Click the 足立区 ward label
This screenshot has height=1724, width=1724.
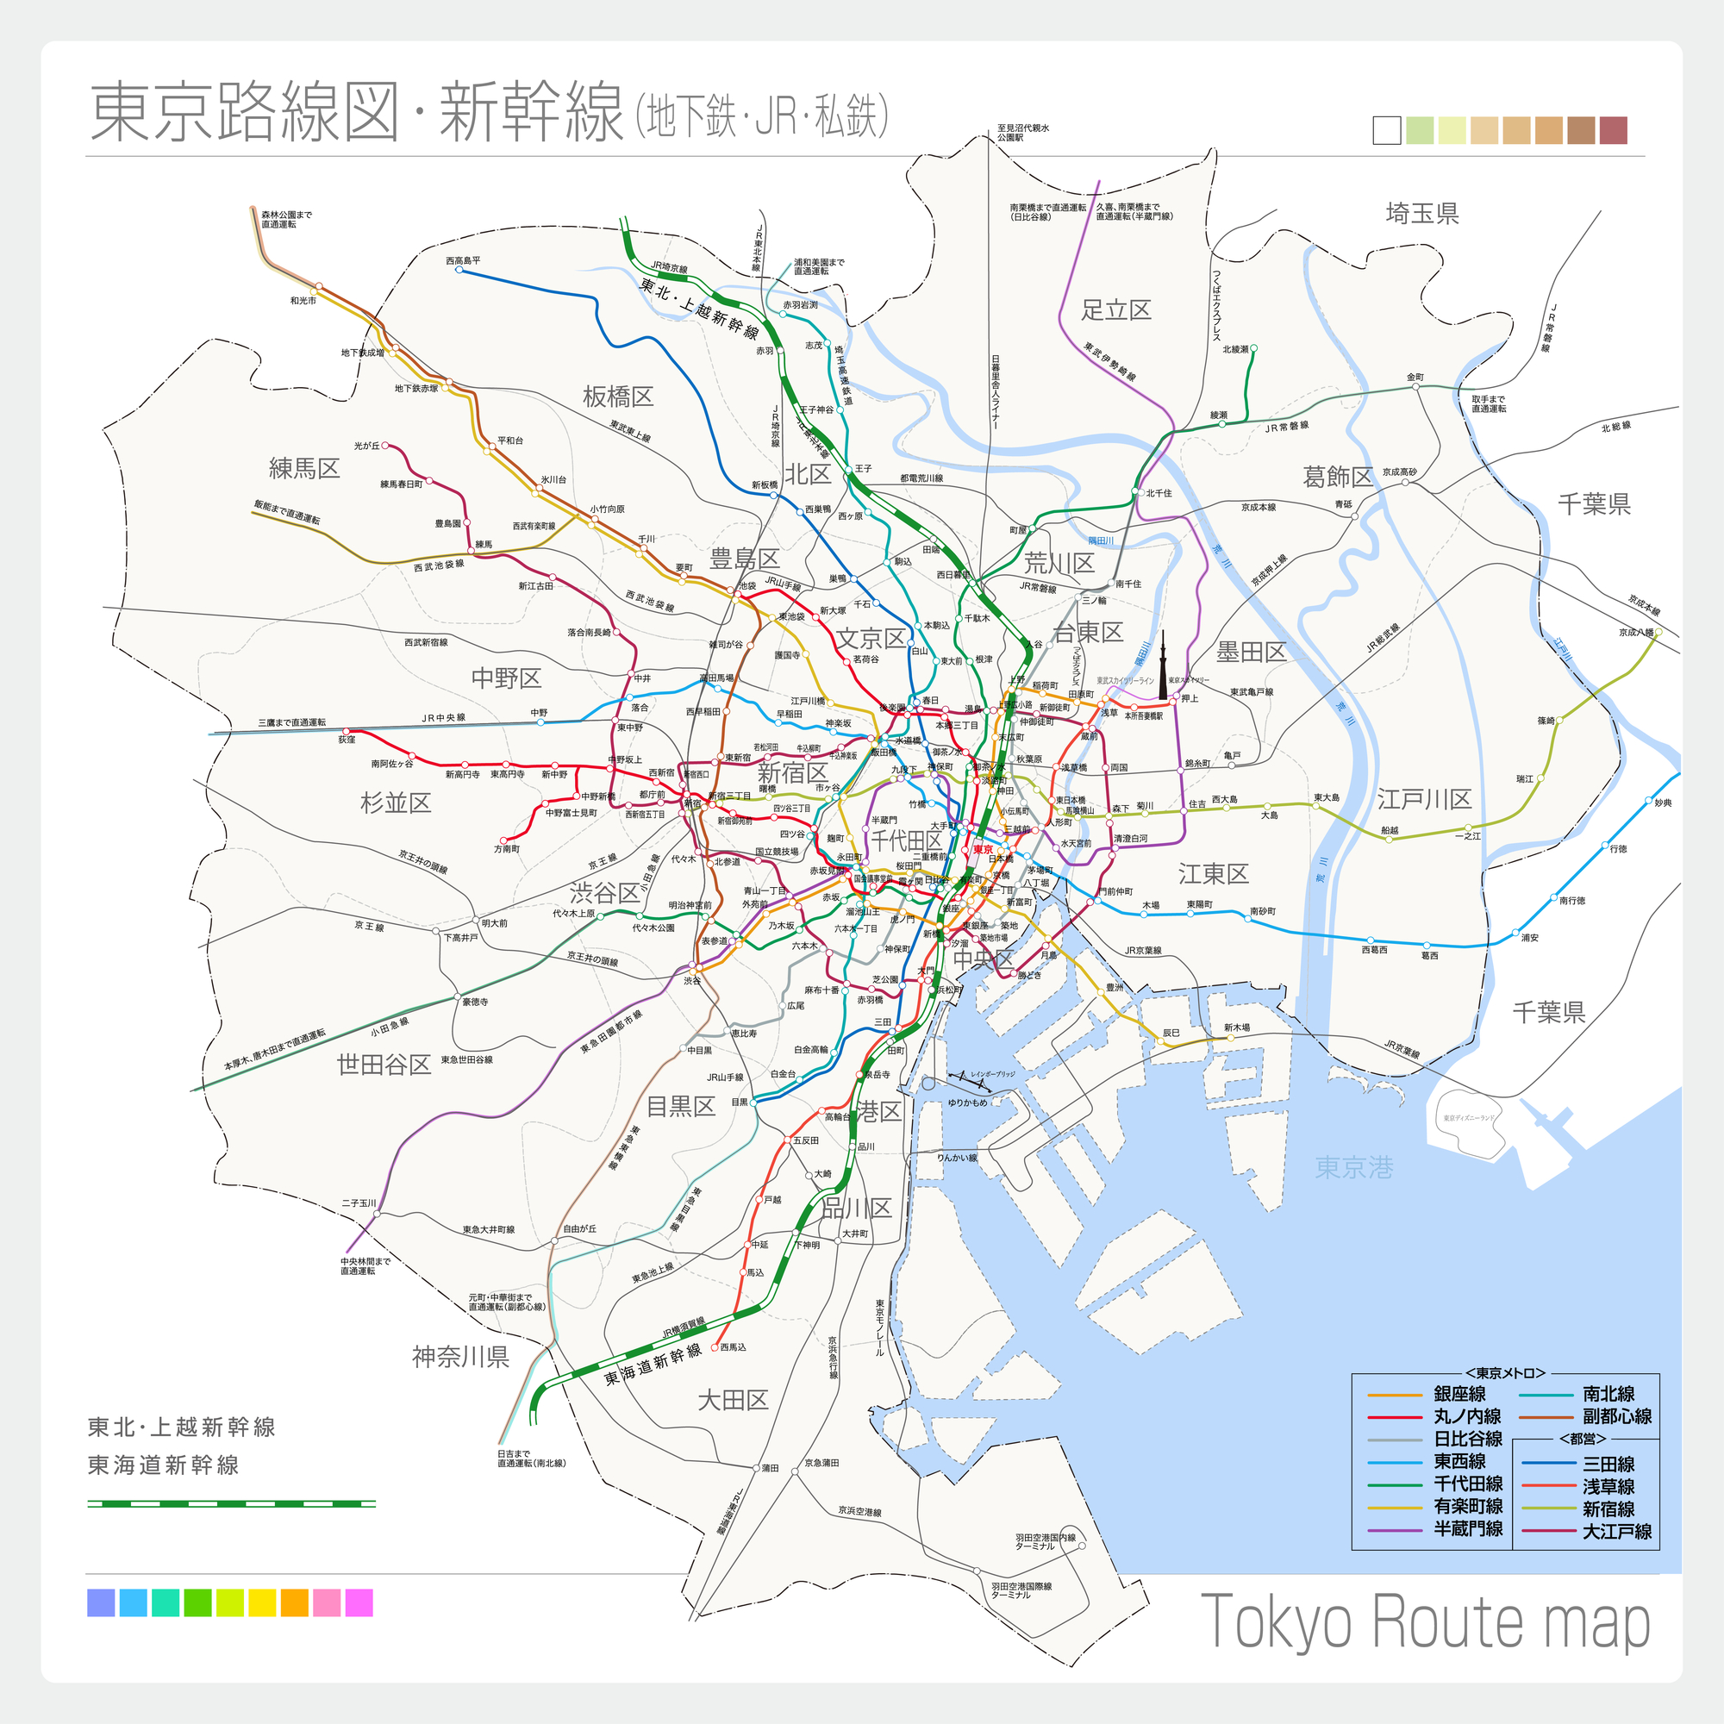click(x=1115, y=309)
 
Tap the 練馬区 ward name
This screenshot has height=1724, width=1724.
click(x=304, y=468)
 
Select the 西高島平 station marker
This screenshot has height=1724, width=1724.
click(x=459, y=270)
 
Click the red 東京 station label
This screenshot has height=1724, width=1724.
click(x=983, y=850)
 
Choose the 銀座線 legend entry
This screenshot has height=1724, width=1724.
click(x=1460, y=1394)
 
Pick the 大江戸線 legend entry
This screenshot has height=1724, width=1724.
click(x=1617, y=1532)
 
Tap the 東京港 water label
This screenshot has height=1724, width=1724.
click(x=1353, y=1167)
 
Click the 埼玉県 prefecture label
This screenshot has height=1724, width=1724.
click(x=1421, y=213)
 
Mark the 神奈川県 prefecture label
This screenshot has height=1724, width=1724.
click(x=460, y=1358)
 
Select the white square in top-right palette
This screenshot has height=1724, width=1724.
click(x=1387, y=130)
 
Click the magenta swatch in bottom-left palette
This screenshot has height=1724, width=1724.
click(x=359, y=1602)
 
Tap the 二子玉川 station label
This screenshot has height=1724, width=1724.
click(x=359, y=1202)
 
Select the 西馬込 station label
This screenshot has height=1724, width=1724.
click(x=733, y=1347)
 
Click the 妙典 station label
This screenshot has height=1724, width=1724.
click(x=1663, y=803)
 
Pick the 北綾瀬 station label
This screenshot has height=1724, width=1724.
click(x=1235, y=349)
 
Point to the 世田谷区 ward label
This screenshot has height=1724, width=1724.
click(x=384, y=1065)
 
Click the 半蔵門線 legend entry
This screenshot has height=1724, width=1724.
click(x=1467, y=1528)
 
